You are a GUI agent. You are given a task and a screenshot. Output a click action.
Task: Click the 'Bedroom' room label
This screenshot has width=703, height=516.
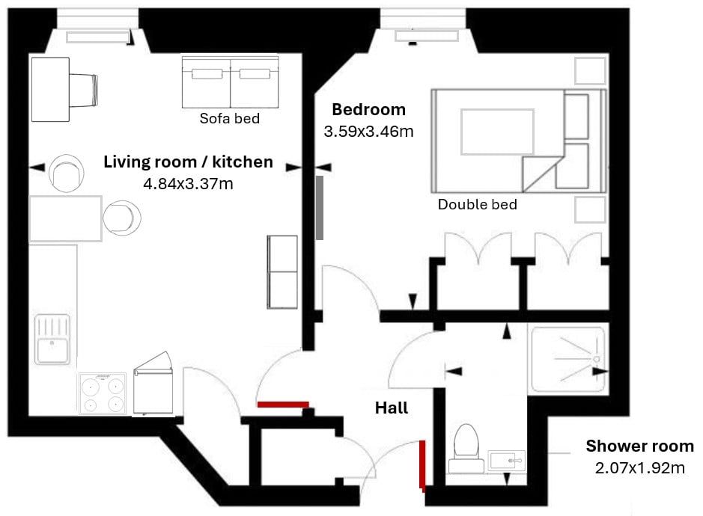click(368, 109)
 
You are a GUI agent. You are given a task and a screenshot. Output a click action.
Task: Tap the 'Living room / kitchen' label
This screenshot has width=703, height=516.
click(189, 162)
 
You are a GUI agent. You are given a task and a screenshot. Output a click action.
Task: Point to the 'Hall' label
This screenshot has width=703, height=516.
click(392, 408)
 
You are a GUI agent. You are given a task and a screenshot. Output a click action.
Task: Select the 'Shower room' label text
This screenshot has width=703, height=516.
click(640, 446)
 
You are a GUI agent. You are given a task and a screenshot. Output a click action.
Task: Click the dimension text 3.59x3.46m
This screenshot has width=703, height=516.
click(368, 131)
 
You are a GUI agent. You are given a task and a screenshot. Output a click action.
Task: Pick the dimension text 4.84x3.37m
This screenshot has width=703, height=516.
click(189, 184)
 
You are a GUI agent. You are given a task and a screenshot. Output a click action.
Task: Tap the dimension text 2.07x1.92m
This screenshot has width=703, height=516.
click(640, 468)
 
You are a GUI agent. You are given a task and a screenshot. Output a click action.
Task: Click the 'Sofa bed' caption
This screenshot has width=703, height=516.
click(230, 118)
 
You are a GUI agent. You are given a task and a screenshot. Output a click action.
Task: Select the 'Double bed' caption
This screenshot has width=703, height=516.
click(478, 205)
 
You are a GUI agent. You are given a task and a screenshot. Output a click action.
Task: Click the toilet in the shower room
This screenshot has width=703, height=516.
click(466, 449)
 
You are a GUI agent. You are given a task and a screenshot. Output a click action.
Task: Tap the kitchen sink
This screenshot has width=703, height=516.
click(52, 340)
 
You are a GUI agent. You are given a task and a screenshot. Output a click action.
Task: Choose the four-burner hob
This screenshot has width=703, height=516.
click(103, 393)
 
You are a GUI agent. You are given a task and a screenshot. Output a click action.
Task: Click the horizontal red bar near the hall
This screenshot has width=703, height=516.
click(283, 405)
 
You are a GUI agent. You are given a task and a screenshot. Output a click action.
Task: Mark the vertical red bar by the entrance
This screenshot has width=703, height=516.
click(422, 465)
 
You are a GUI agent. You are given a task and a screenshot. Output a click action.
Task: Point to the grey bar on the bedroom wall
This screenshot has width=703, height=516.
click(320, 207)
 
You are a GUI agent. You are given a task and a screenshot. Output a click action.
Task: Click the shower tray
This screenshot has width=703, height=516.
click(568, 360)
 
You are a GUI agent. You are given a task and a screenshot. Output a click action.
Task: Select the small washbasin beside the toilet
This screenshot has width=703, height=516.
click(506, 460)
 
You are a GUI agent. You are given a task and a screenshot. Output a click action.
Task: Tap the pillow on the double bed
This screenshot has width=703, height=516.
click(497, 132)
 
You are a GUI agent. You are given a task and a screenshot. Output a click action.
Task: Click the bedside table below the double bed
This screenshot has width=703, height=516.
click(591, 209)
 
